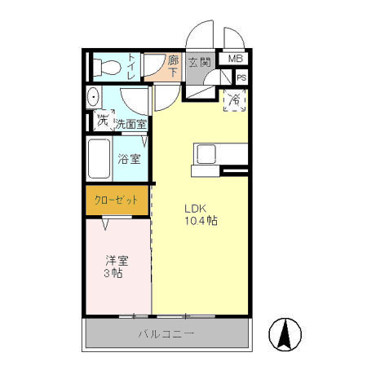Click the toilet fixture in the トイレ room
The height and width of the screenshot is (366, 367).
tap(106, 67)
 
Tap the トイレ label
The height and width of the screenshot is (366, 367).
tap(132, 67)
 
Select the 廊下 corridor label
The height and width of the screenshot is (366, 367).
tap(173, 66)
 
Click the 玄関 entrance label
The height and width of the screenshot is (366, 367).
tap(200, 62)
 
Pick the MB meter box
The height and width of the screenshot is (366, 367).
tap(235, 59)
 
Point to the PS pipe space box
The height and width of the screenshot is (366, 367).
tap(241, 77)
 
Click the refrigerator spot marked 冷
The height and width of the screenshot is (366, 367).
tap(234, 100)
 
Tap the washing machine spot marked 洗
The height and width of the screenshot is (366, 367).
tap(104, 121)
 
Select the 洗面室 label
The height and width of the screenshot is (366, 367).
tap(131, 124)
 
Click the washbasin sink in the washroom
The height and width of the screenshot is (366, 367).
tap(94, 97)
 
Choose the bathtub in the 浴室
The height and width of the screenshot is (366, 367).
tap(99, 159)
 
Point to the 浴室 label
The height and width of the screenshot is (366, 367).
tap(129, 159)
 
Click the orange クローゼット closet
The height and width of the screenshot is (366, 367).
tap(117, 201)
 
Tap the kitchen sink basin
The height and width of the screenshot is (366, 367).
tap(206, 154)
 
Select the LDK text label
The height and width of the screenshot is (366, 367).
tap(196, 209)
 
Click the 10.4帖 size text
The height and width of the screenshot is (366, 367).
tap(201, 221)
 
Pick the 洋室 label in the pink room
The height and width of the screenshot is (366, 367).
tap(117, 261)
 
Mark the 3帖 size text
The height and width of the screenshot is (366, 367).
tap(113, 273)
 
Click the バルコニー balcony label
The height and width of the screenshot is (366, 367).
tap(166, 334)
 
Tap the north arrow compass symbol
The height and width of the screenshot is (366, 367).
tap(285, 333)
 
